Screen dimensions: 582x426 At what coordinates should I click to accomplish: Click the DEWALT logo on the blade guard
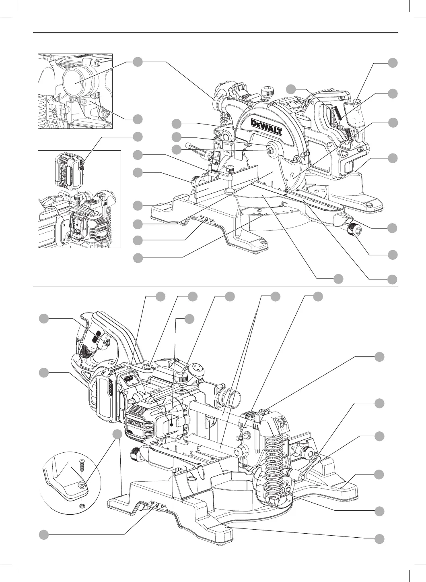[266, 126]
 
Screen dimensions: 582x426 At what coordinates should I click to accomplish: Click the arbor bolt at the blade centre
[269, 149]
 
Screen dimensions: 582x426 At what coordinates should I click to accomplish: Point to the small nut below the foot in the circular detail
[82, 504]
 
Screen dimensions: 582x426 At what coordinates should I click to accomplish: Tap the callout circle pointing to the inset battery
[138, 136]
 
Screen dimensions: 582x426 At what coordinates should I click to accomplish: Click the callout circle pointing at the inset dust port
[138, 62]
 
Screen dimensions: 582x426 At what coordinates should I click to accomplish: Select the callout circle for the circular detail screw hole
[117, 434]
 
